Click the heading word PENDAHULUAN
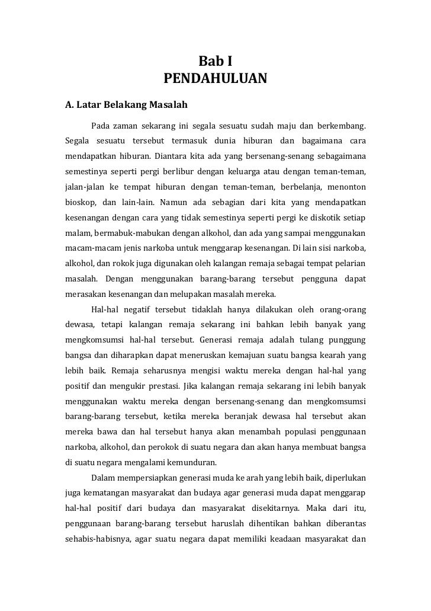[x=215, y=79]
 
